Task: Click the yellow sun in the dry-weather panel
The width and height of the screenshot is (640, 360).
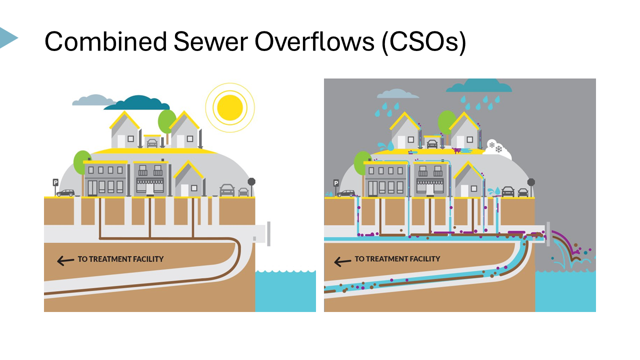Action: [x=230, y=106]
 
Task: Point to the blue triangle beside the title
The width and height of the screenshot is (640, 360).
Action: [x=7, y=37]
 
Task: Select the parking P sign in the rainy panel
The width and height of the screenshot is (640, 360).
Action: [x=336, y=183]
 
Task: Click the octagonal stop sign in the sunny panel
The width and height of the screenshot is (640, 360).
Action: [x=251, y=182]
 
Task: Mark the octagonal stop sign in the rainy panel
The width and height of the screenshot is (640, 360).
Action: [x=531, y=182]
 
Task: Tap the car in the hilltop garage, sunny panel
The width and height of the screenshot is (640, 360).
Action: [x=152, y=143]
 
